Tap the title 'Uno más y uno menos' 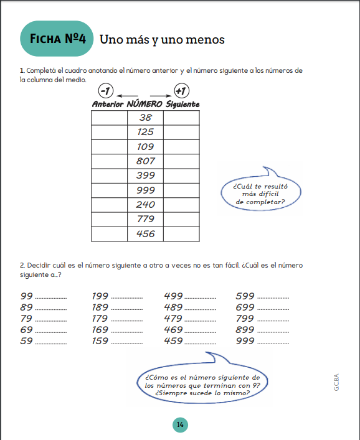pyautogui.click(x=162, y=40)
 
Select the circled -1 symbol pyautogui.click(x=106, y=91)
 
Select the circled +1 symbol pyautogui.click(x=181, y=91)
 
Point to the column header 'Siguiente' pyautogui.click(x=182, y=104)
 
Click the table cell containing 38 pyautogui.click(x=146, y=118)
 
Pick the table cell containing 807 pyautogui.click(x=146, y=161)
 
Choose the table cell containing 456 pyautogui.click(x=146, y=234)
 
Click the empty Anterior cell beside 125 pyautogui.click(x=109, y=132)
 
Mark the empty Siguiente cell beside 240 pyautogui.click(x=182, y=205)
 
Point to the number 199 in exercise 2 pyautogui.click(x=100, y=296)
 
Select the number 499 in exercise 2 pyautogui.click(x=173, y=296)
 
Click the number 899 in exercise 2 pyautogui.click(x=245, y=330)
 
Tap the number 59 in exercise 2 pyautogui.click(x=27, y=341)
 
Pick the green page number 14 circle pyautogui.click(x=179, y=424)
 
